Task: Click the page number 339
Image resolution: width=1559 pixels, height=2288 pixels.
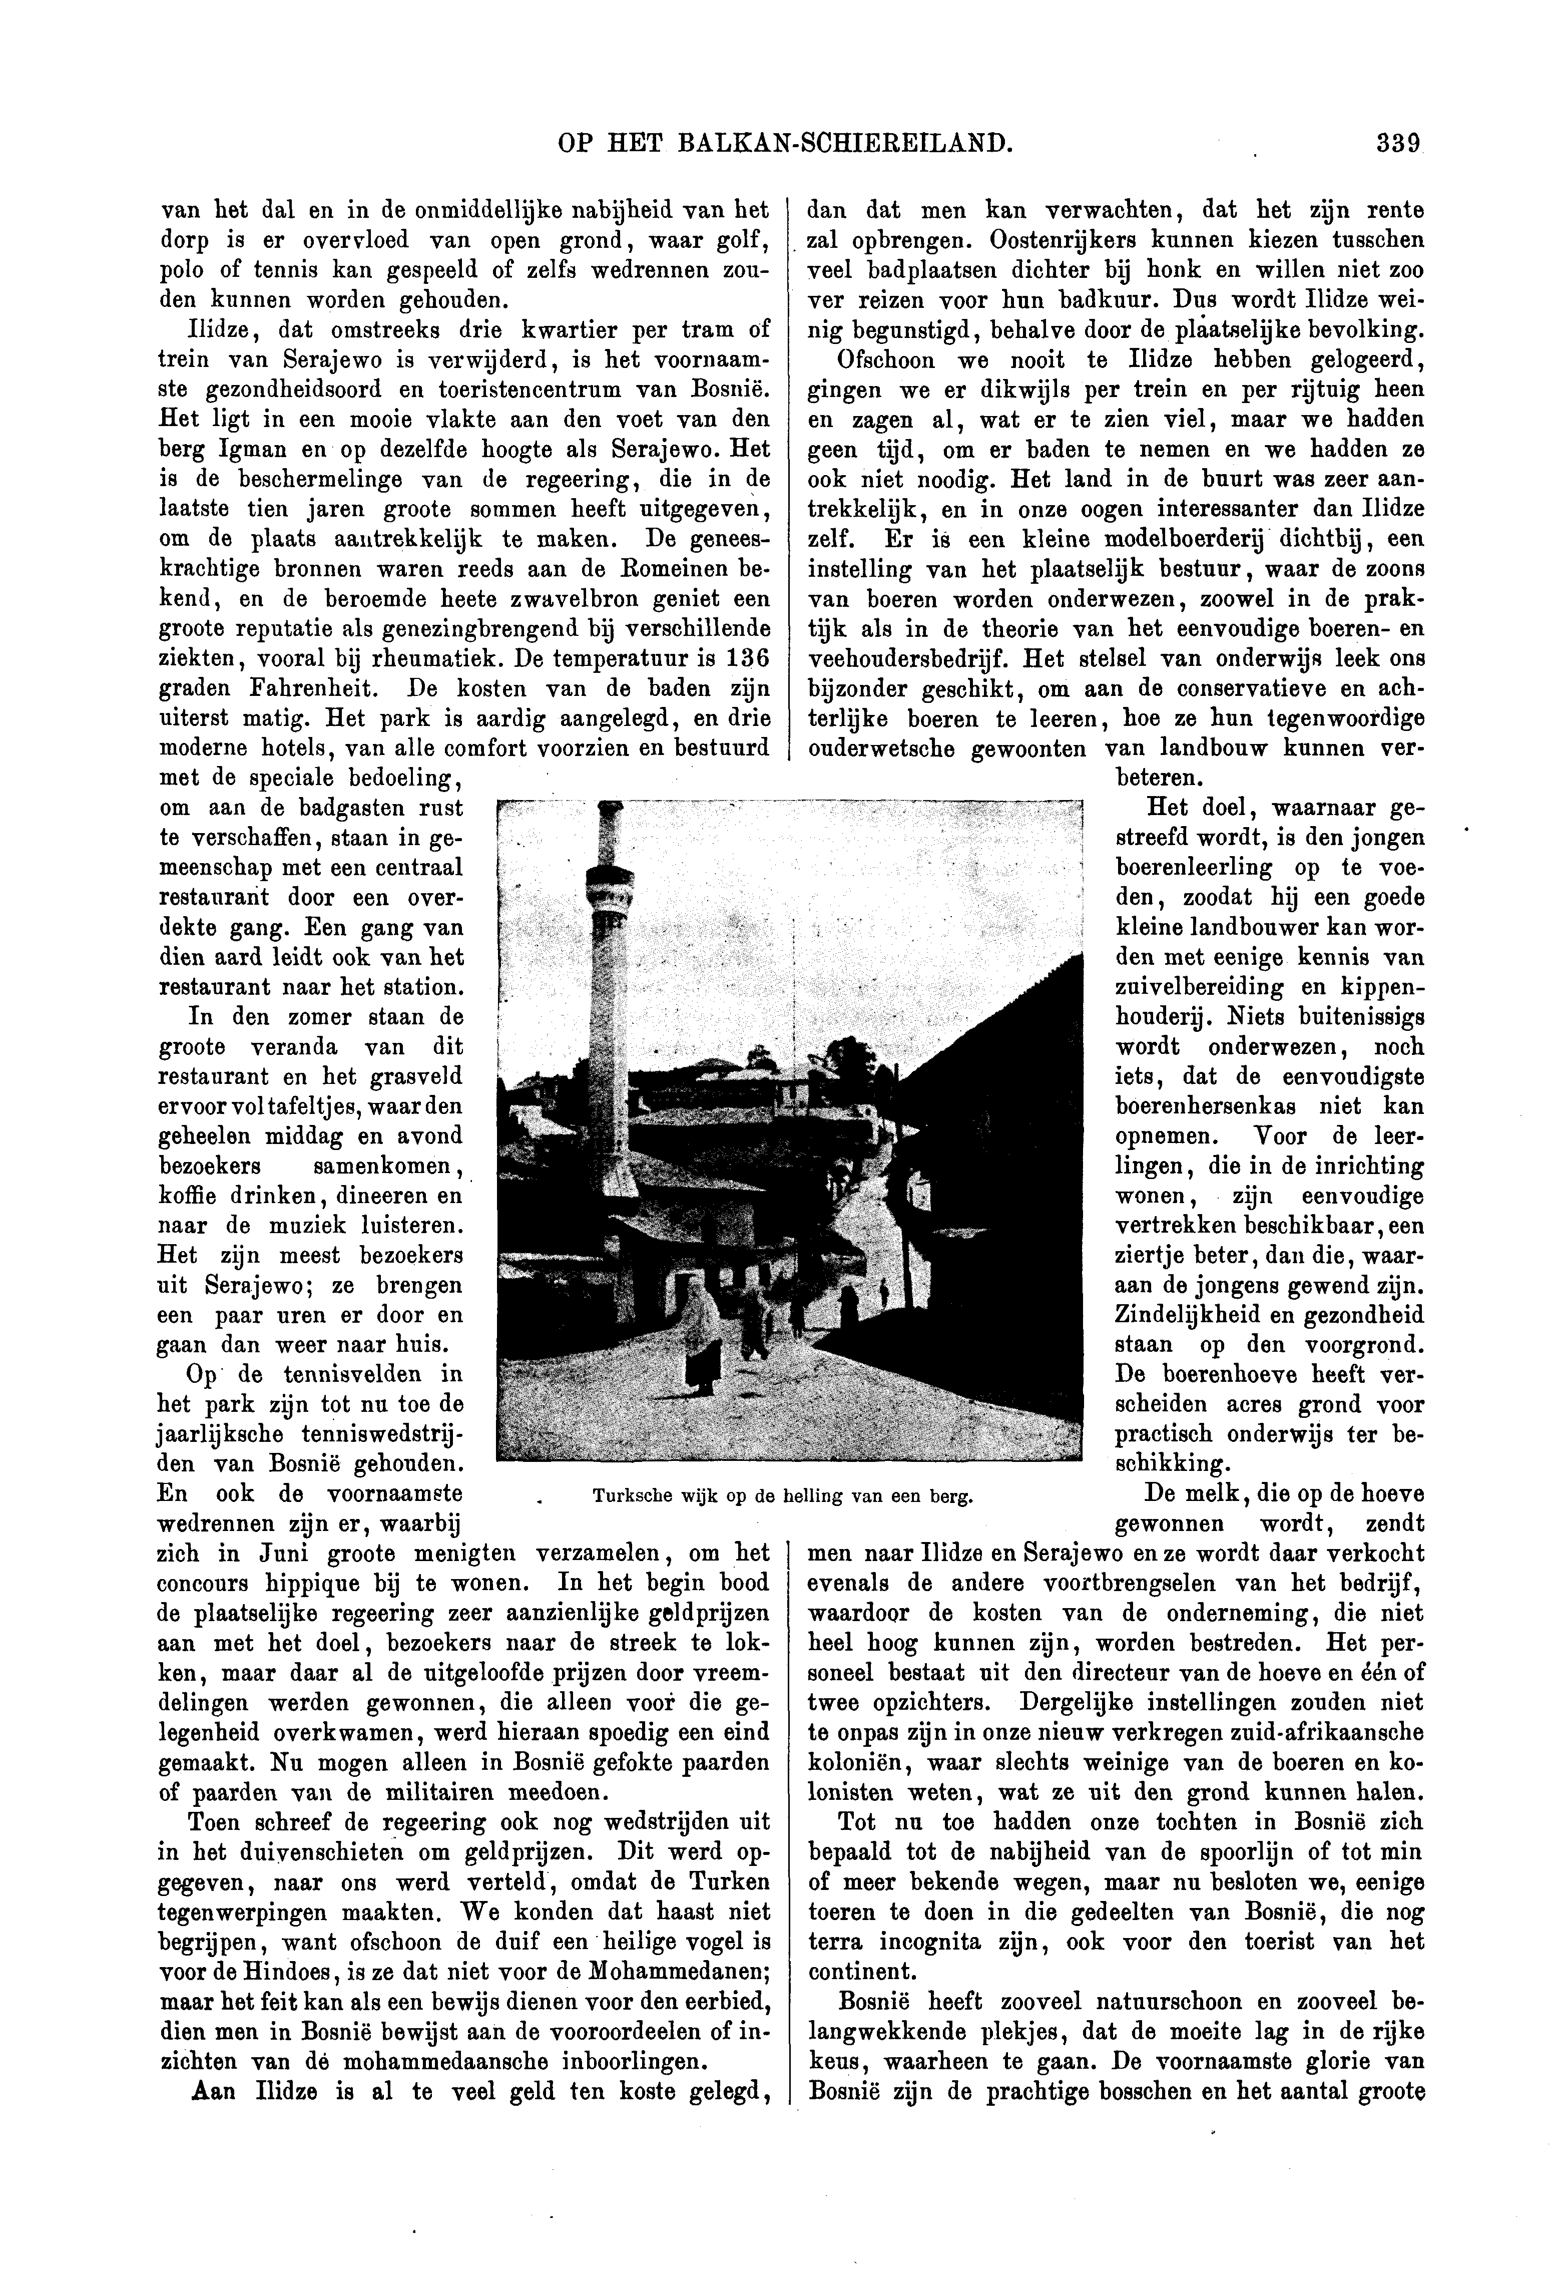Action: tap(1398, 145)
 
